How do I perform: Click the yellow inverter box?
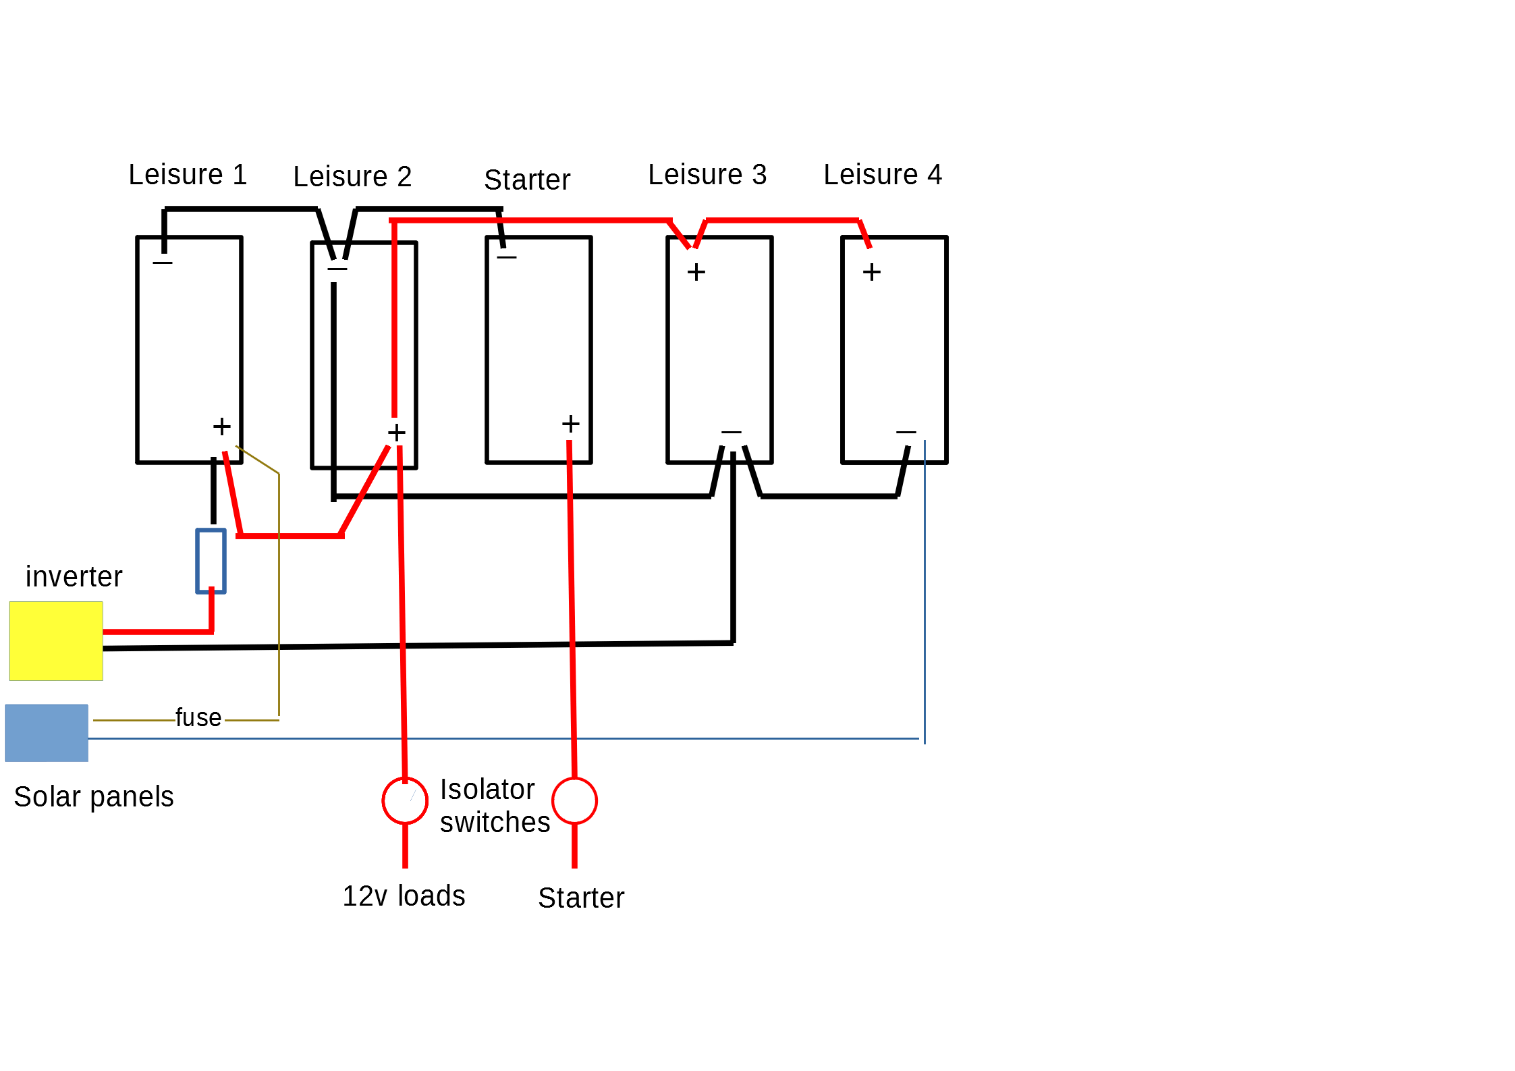click(x=56, y=641)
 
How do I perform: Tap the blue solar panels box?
click(x=47, y=733)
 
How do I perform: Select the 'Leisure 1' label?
click(x=188, y=175)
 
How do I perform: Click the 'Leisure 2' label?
click(x=352, y=177)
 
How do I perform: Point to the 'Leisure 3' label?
click(x=707, y=175)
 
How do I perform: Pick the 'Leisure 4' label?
click(x=883, y=175)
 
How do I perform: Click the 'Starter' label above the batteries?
click(x=527, y=180)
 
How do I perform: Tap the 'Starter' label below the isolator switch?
click(x=581, y=898)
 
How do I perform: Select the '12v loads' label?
click(x=404, y=896)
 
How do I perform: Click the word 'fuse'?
click(x=198, y=717)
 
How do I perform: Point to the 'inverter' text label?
click(x=74, y=577)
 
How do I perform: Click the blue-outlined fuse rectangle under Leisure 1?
click(x=197, y=561)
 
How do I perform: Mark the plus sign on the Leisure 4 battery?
click(x=872, y=272)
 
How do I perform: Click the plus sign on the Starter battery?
click(x=571, y=424)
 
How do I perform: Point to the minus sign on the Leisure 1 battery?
click(x=163, y=262)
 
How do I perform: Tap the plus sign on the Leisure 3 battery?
click(x=696, y=272)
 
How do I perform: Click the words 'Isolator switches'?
click(x=495, y=806)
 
